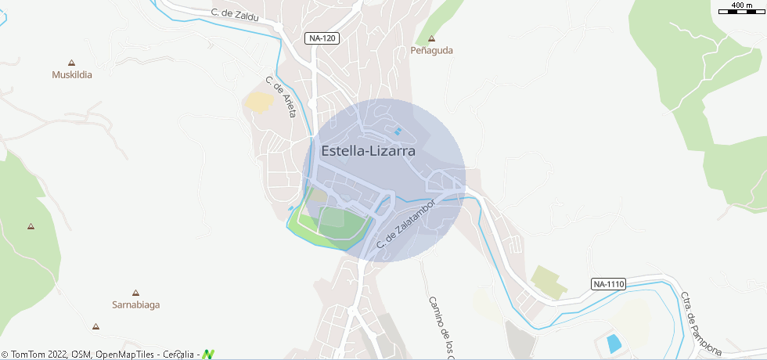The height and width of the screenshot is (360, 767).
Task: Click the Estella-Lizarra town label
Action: pyautogui.click(x=368, y=151)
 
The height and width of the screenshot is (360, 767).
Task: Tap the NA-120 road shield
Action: pyautogui.click(x=322, y=38)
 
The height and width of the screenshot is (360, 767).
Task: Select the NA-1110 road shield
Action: pyautogui.click(x=609, y=284)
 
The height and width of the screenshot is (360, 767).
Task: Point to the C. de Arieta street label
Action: pyautogui.click(x=281, y=97)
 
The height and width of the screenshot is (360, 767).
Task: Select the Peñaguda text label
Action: pyautogui.click(x=432, y=50)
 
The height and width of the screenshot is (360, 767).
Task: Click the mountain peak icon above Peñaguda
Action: pyautogui.click(x=430, y=38)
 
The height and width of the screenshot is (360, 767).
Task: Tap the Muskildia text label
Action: pyautogui.click(x=72, y=75)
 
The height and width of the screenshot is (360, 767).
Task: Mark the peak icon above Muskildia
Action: pyautogui.click(x=72, y=63)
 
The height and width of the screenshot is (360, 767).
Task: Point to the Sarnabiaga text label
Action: pyautogui.click(x=135, y=304)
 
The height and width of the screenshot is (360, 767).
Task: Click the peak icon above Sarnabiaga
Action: pyautogui.click(x=135, y=292)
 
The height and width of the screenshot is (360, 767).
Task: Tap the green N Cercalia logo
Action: pyautogui.click(x=208, y=355)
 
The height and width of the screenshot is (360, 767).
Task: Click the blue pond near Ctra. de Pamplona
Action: pyautogui.click(x=614, y=343)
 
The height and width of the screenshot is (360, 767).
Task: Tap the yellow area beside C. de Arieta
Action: pyautogui.click(x=258, y=102)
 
